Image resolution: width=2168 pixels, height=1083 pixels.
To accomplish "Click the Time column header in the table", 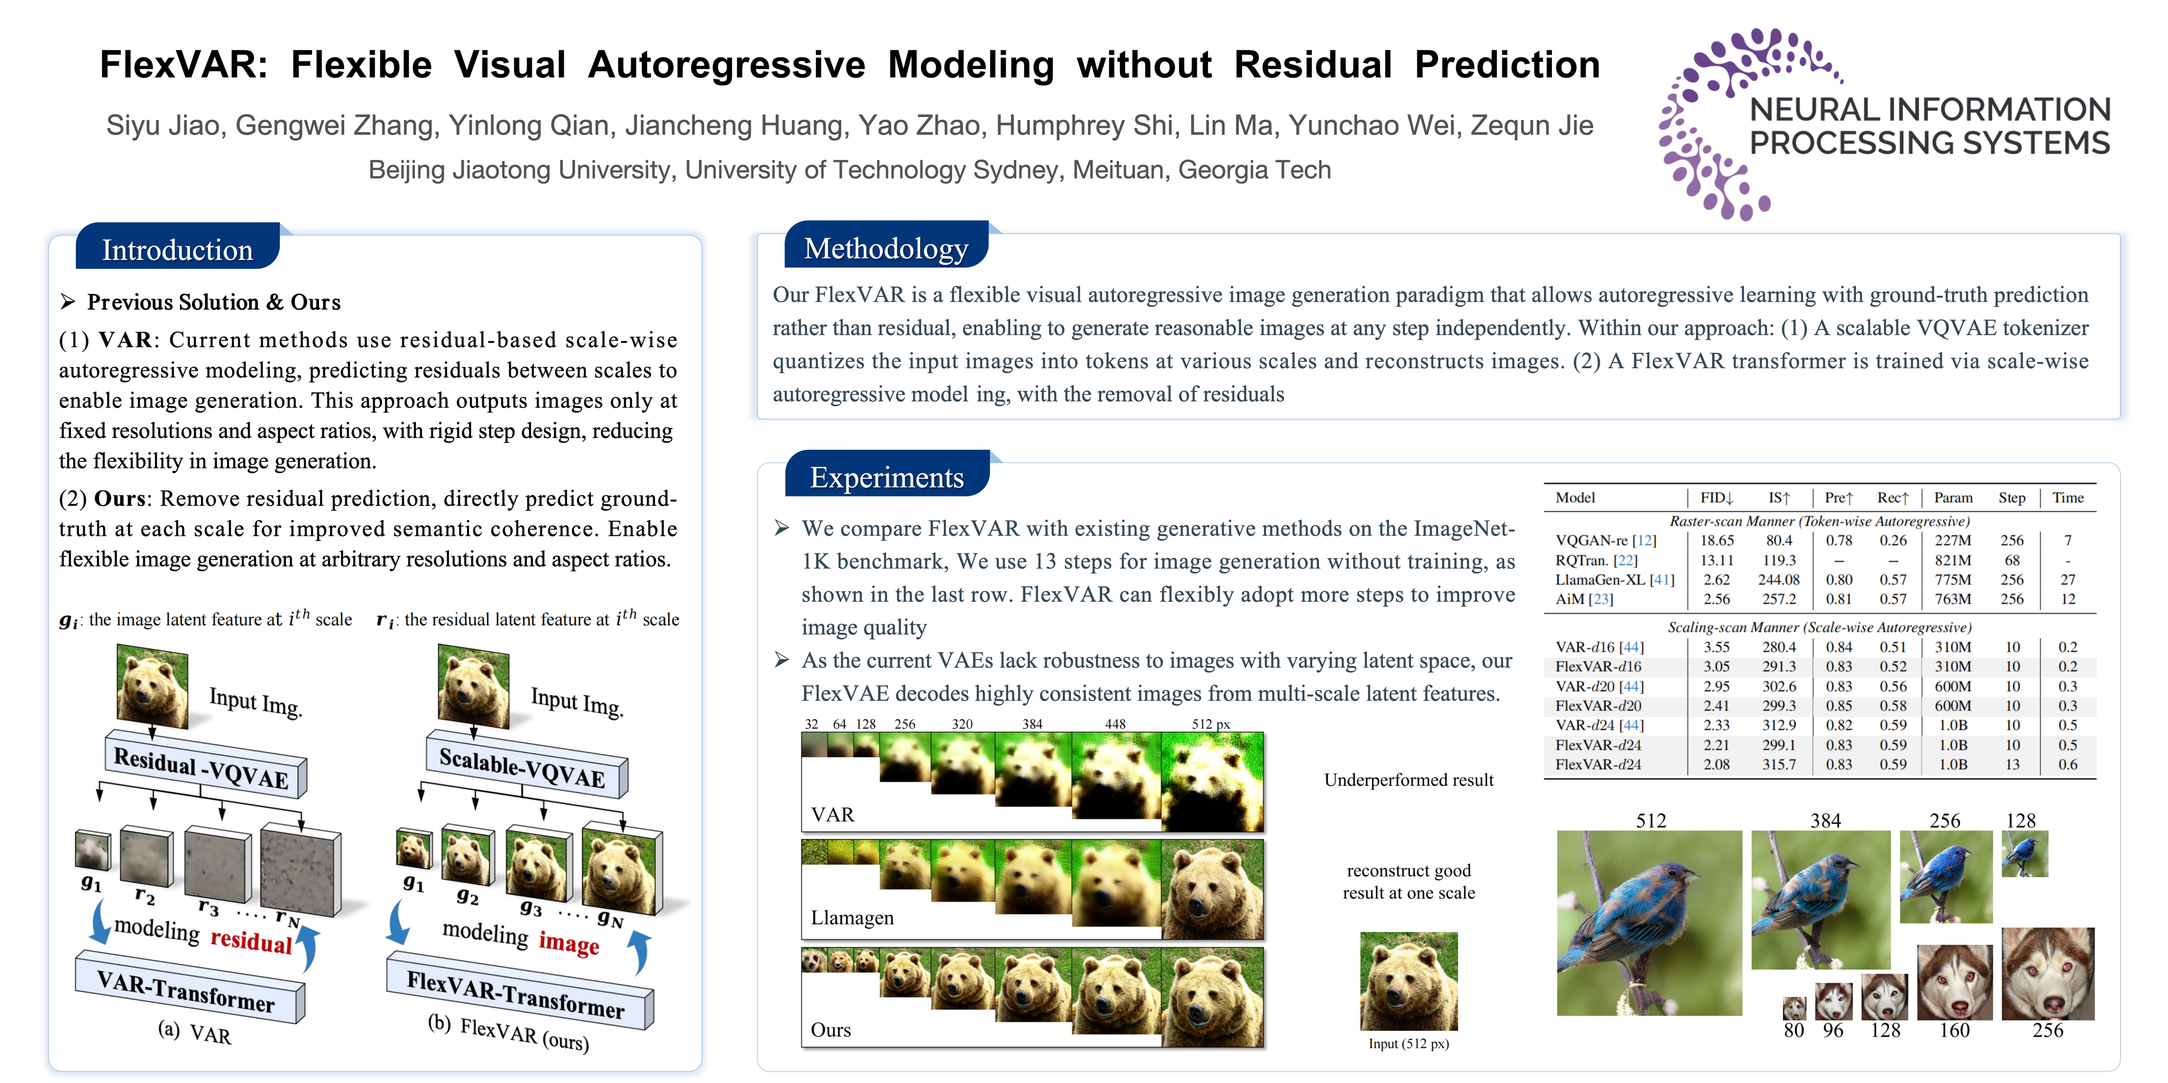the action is [x=2068, y=497].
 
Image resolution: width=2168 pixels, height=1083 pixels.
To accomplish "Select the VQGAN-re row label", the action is [x=1605, y=540].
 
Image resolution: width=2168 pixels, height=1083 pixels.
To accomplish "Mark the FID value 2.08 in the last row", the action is [x=1717, y=764].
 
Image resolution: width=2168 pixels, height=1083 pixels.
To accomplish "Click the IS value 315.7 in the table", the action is [x=1779, y=764].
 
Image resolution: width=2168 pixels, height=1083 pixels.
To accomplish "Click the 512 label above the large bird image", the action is [x=1651, y=821].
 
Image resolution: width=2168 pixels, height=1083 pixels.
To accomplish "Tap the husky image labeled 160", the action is [x=1954, y=981].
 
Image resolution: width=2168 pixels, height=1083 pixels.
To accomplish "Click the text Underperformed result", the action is [x=1409, y=780].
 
